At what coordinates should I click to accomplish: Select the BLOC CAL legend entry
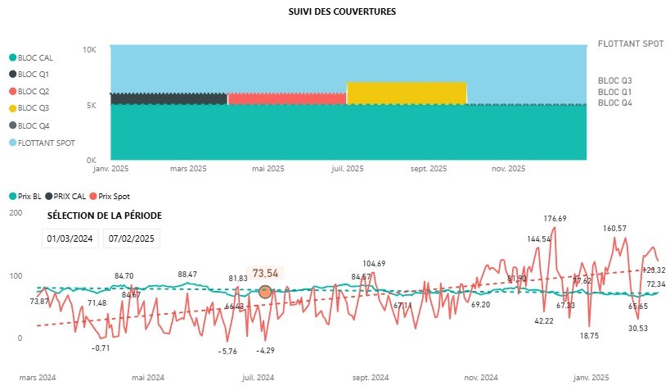click(x=33, y=57)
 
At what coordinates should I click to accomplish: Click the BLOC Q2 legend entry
click(x=32, y=91)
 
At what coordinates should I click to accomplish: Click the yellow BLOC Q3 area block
click(x=407, y=93)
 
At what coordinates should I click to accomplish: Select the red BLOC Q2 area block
click(x=286, y=98)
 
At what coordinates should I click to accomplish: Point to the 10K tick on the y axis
click(x=90, y=50)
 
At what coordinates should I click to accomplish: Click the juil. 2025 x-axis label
click(x=348, y=170)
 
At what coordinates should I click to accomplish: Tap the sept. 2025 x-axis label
click(x=428, y=170)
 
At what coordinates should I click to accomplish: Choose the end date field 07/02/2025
click(x=132, y=238)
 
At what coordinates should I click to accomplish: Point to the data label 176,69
click(x=555, y=219)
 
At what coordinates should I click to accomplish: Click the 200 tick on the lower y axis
click(x=16, y=213)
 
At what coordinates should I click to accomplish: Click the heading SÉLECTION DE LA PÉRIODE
click(x=105, y=215)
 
